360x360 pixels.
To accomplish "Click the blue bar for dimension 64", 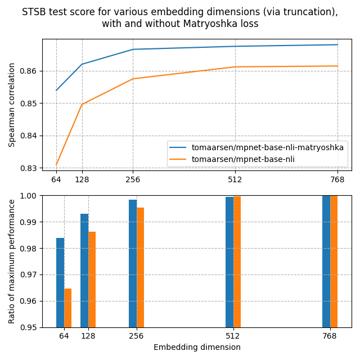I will tap(60, 282).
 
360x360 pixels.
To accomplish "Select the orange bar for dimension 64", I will tap(68, 308).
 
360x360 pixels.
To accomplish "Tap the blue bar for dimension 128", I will tap(84, 271).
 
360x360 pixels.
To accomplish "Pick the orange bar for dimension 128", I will tap(92, 280).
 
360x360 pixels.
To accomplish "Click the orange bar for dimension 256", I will tap(141, 267).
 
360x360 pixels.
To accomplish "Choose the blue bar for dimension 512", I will tap(229, 262).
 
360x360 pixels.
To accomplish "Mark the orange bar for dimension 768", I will tap(334, 262).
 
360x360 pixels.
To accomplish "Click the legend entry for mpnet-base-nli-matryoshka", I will tap(267, 147).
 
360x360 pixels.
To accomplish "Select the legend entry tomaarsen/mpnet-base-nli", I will tap(243, 159).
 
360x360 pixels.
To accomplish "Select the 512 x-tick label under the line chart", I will tap(235, 180).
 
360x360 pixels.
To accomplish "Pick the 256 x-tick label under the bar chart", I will tap(136, 336).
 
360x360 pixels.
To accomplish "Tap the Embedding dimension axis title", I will tap(197, 348).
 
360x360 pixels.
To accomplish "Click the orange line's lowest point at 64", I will tap(56, 164).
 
